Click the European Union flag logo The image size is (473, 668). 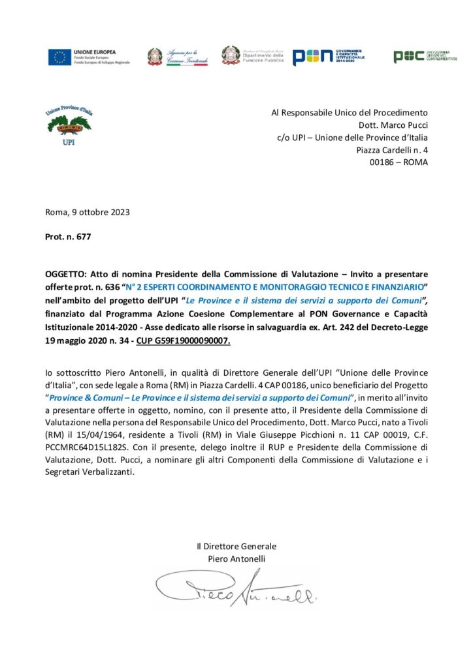tap(59, 57)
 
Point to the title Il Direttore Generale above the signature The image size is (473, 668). tap(236, 546)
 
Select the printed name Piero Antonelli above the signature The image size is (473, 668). tap(236, 558)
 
